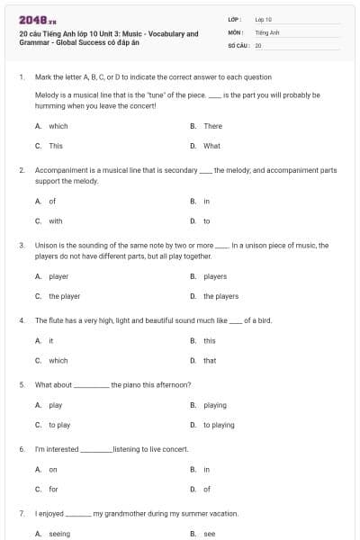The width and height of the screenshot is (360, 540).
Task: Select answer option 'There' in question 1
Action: point(212,126)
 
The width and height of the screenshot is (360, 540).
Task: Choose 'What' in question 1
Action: point(211,146)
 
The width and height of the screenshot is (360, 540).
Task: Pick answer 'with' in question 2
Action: point(56,220)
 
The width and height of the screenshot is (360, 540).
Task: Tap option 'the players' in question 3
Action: point(220,296)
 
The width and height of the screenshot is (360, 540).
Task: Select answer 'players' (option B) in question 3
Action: point(215,276)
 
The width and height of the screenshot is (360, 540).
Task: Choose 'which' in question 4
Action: point(58,361)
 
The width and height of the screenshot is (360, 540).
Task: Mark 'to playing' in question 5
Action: point(219,425)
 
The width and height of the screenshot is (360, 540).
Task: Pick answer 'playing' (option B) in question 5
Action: point(215,405)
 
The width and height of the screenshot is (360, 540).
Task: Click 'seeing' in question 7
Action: point(59,534)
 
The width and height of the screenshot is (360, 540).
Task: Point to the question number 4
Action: point(21,320)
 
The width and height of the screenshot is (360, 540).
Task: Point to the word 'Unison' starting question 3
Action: point(46,245)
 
